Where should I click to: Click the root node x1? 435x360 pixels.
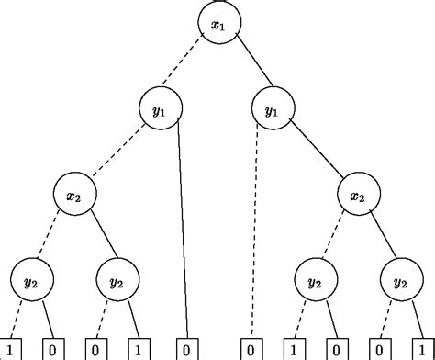coord(217,25)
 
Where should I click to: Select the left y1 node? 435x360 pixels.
coord(160,110)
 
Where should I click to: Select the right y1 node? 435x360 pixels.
coord(273,110)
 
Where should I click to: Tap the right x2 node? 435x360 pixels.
coord(357,196)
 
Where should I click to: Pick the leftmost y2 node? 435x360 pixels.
coord(32,281)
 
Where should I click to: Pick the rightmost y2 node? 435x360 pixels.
coord(399,281)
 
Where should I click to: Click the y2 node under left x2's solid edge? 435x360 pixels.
coord(117,281)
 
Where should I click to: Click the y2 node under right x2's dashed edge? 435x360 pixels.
coord(315,281)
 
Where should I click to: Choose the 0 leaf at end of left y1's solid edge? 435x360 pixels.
coord(186,349)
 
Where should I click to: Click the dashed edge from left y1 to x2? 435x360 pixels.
coord(117,152)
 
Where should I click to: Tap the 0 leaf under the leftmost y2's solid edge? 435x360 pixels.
coord(53,349)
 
